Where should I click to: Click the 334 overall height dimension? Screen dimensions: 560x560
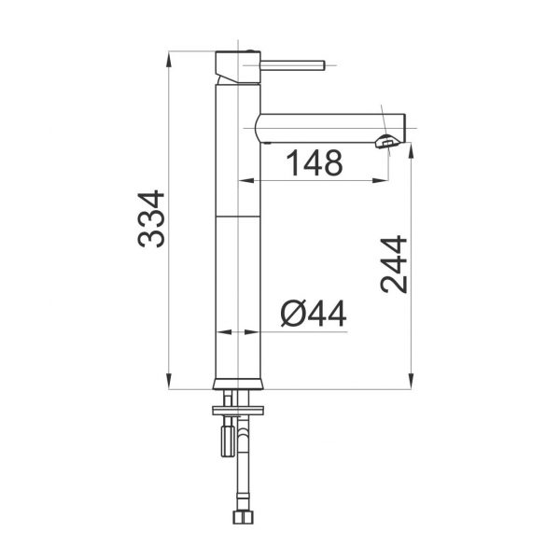[x=150, y=218]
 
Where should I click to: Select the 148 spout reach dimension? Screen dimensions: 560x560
[x=313, y=163]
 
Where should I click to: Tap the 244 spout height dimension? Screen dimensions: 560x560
[x=395, y=265]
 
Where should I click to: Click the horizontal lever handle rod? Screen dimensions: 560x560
[x=297, y=65]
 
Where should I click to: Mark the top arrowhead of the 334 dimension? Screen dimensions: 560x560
[x=169, y=55]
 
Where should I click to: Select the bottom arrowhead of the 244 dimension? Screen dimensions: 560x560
[x=412, y=383]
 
